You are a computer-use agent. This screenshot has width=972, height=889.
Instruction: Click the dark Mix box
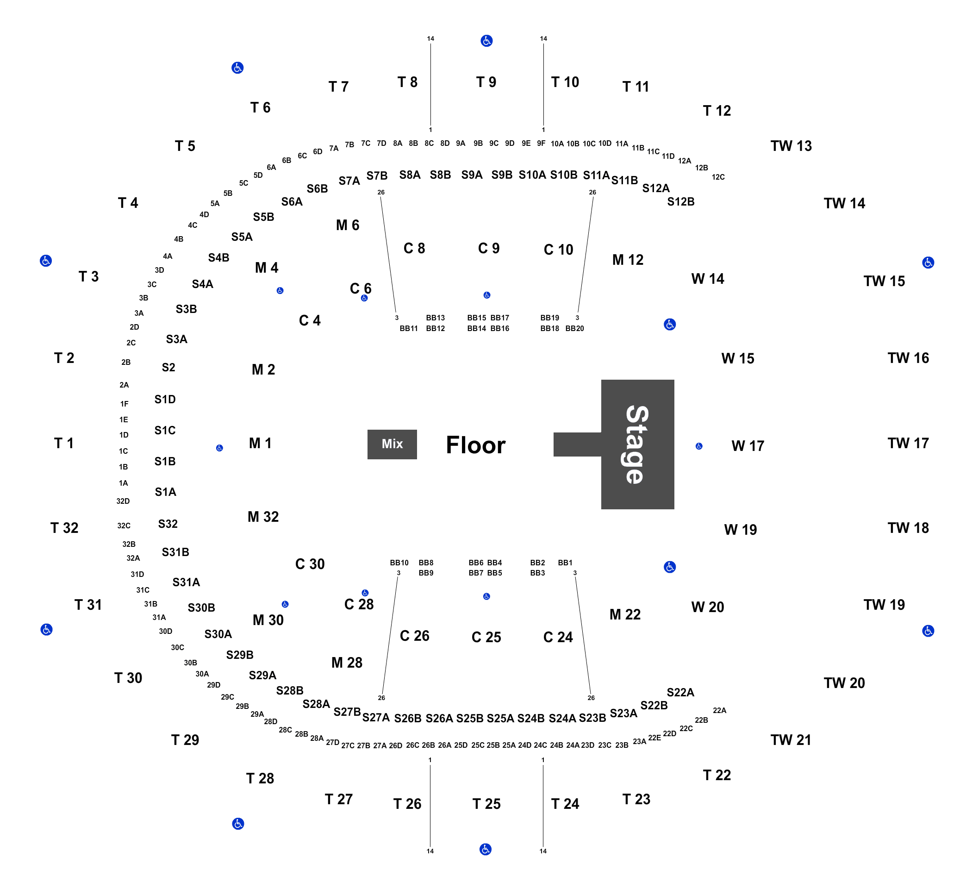[392, 444]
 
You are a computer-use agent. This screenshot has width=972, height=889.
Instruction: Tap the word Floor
[475, 445]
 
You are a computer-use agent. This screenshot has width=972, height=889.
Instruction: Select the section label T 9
[486, 82]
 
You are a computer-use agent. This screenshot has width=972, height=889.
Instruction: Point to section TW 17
[908, 443]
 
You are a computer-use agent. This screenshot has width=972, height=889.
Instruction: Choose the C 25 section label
[486, 637]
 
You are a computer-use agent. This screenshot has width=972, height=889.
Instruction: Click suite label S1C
[165, 430]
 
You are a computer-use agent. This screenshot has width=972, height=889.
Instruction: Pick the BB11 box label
[409, 328]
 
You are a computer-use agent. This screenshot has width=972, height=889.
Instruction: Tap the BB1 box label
[565, 563]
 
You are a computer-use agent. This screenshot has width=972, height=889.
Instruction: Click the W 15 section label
[738, 358]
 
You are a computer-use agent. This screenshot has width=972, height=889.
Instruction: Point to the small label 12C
[718, 177]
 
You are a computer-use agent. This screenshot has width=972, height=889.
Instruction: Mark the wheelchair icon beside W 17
[699, 446]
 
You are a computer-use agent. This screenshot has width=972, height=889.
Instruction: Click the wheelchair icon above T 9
[486, 41]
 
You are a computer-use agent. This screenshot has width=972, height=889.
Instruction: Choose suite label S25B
[470, 718]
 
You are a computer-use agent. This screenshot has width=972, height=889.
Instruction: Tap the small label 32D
[123, 501]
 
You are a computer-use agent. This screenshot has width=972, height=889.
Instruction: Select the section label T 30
[128, 678]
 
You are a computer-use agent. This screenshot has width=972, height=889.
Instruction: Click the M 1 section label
[260, 443]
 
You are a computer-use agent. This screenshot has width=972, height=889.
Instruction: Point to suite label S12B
[681, 201]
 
